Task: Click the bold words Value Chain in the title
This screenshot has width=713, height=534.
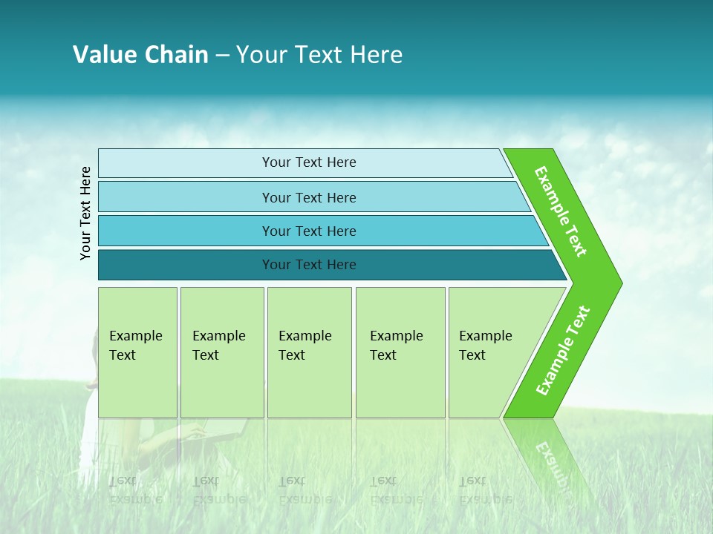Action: [x=140, y=54]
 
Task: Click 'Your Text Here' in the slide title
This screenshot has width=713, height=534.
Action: [x=319, y=54]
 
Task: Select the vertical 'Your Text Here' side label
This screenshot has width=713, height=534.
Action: [x=85, y=213]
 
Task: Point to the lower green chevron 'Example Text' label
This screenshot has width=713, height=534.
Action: [x=563, y=350]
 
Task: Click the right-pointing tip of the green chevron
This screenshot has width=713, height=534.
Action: [x=618, y=283]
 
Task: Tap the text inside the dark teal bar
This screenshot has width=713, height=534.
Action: [x=309, y=265]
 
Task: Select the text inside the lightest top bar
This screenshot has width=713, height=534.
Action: [x=309, y=162]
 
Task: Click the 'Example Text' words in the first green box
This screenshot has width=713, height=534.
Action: [x=135, y=346]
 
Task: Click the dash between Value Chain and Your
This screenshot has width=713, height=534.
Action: [x=222, y=55]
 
